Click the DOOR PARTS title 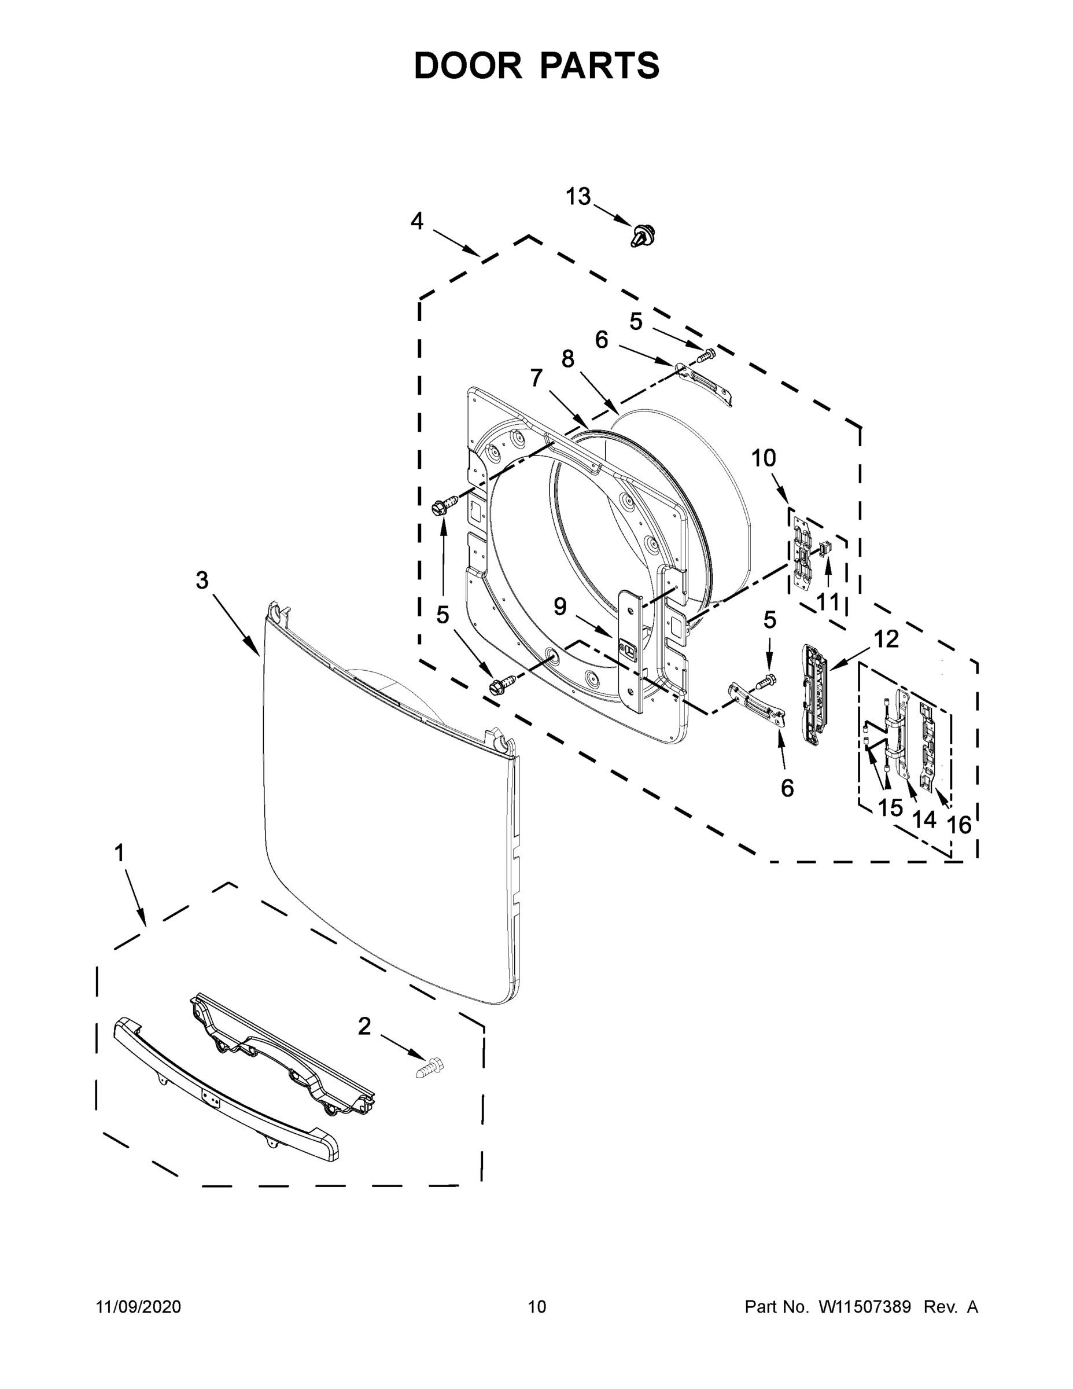point(537,66)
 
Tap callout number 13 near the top point(578,197)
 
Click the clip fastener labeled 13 point(643,236)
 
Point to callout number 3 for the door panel point(201,580)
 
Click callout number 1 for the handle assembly point(119,854)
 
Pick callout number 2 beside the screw point(364,1027)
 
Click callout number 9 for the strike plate point(559,607)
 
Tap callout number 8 point(567,359)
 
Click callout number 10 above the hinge point(764,458)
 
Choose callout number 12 point(886,639)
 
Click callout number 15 point(890,808)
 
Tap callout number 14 point(924,819)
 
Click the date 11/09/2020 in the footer point(139,1306)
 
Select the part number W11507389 point(865,1306)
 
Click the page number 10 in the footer point(537,1306)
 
